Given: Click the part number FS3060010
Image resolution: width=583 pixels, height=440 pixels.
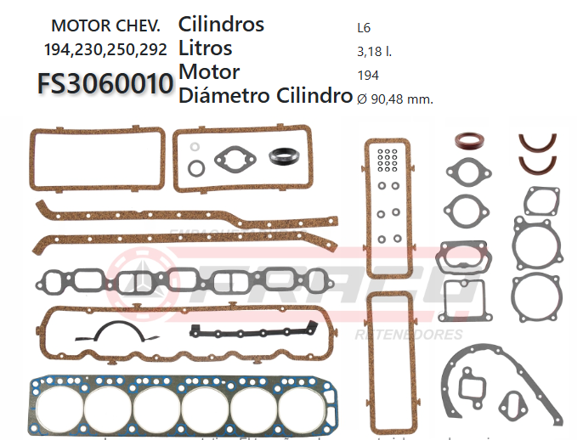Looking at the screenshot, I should coord(105,84).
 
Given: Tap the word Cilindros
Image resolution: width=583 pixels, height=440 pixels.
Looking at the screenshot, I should coord(221,25).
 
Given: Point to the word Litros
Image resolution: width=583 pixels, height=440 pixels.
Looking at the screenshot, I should coord(206,48).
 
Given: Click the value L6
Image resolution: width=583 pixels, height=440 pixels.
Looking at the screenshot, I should coord(364,27).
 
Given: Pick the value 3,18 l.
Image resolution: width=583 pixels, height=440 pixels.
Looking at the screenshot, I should coord(374,51).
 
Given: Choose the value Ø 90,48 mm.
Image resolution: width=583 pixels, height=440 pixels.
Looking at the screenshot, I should coord(395,99).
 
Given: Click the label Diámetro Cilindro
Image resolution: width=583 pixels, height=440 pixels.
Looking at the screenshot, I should coord(265,96).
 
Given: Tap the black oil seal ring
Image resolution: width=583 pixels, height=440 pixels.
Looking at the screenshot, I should coord(281,156).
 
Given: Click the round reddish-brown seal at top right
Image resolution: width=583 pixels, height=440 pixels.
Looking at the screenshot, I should coord(467,142).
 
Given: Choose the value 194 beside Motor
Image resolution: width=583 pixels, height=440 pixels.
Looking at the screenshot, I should coord(369,75).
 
